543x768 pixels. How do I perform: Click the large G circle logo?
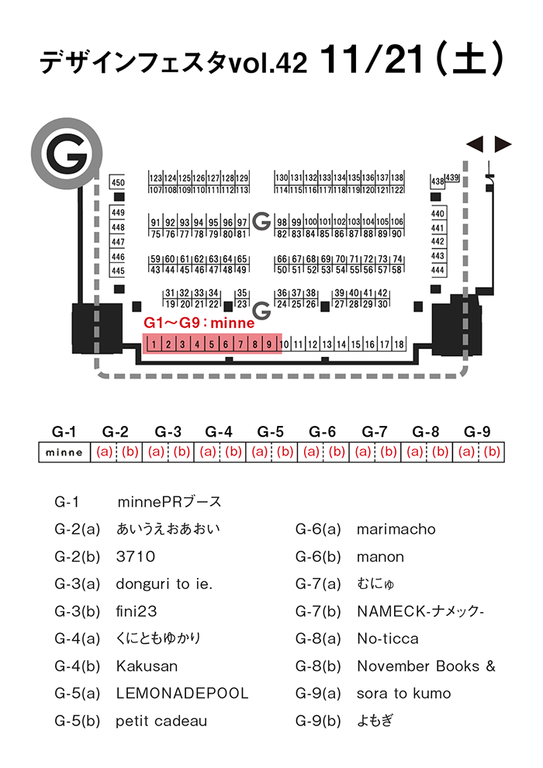point(67,153)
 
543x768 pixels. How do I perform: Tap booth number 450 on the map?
point(117,182)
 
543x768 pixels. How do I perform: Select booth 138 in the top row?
point(397,178)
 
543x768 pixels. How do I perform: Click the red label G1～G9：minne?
point(199,323)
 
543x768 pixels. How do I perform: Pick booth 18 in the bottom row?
point(399,344)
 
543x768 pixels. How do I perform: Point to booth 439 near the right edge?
point(452,178)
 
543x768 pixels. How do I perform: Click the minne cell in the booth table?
point(64,452)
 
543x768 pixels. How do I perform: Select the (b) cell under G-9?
point(492,451)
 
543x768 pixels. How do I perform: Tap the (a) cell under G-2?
point(104,451)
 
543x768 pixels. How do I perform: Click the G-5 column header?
point(270,432)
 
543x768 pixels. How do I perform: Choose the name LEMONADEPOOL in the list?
point(182,694)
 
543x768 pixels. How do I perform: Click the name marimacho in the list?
point(396,530)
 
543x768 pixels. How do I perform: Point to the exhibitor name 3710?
point(136,557)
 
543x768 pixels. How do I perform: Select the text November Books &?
point(426,666)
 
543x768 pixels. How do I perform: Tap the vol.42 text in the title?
point(268,63)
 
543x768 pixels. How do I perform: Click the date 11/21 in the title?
point(371,59)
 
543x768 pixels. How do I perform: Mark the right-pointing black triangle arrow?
point(503,144)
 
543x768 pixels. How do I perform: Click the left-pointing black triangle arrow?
point(475,144)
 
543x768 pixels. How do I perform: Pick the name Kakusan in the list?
point(147,666)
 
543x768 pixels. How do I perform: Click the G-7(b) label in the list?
point(318,612)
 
